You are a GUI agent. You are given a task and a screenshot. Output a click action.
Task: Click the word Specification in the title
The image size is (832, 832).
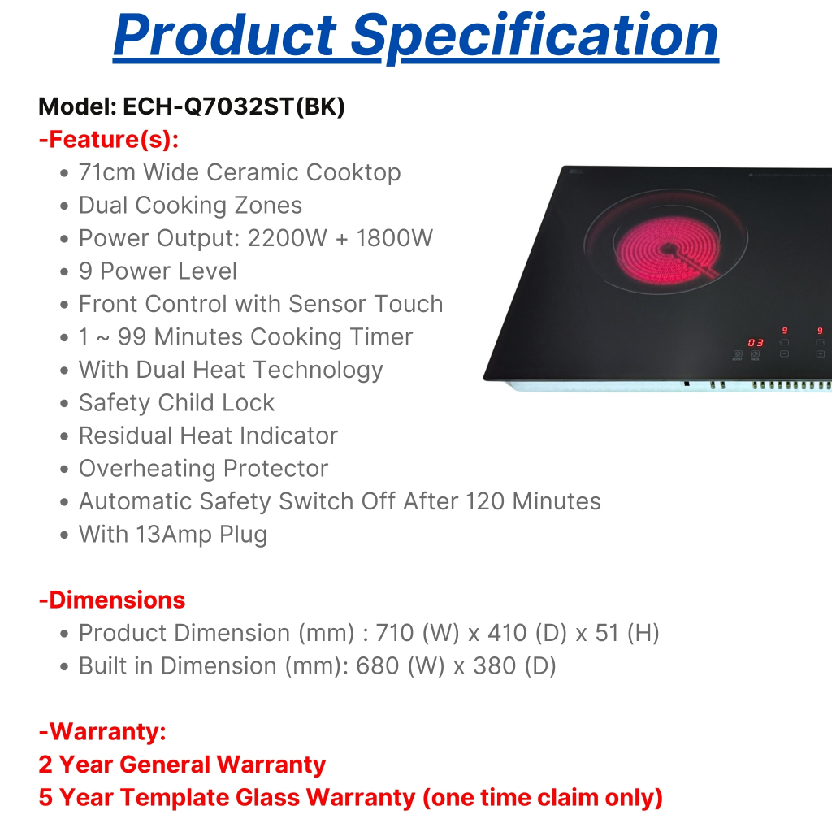(x=535, y=37)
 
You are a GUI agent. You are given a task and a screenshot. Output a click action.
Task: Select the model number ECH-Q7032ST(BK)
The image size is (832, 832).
(x=234, y=106)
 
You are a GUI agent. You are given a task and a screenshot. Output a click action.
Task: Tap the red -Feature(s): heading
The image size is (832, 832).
(x=109, y=140)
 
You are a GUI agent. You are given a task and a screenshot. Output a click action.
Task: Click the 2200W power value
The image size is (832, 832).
(x=288, y=238)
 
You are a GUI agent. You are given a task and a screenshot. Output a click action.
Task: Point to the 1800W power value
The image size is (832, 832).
(x=394, y=238)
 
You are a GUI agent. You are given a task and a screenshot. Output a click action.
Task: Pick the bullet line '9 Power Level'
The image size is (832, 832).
(x=158, y=271)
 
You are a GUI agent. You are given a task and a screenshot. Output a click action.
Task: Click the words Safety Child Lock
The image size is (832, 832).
(x=176, y=403)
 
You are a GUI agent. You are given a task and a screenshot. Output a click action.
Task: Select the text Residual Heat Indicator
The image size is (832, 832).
(x=208, y=435)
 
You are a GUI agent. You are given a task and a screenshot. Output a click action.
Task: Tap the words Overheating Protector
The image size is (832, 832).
(x=203, y=469)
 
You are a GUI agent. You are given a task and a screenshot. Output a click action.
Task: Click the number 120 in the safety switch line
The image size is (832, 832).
(x=484, y=501)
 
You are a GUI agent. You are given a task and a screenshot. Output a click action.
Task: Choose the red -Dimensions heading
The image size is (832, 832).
(x=112, y=600)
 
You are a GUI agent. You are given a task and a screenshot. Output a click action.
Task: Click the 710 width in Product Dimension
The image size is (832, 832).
(x=395, y=633)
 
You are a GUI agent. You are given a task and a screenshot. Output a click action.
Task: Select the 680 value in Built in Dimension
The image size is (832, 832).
(x=377, y=666)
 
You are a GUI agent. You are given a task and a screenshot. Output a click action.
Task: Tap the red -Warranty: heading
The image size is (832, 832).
(x=102, y=732)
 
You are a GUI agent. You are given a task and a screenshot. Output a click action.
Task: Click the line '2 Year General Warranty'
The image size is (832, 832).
(x=182, y=765)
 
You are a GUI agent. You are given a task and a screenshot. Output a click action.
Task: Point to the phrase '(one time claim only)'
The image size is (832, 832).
(x=543, y=798)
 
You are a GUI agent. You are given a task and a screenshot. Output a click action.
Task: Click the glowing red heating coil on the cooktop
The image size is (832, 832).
(x=667, y=249)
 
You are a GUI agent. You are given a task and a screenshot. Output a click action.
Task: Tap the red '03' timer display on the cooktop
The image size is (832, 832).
(x=756, y=343)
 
